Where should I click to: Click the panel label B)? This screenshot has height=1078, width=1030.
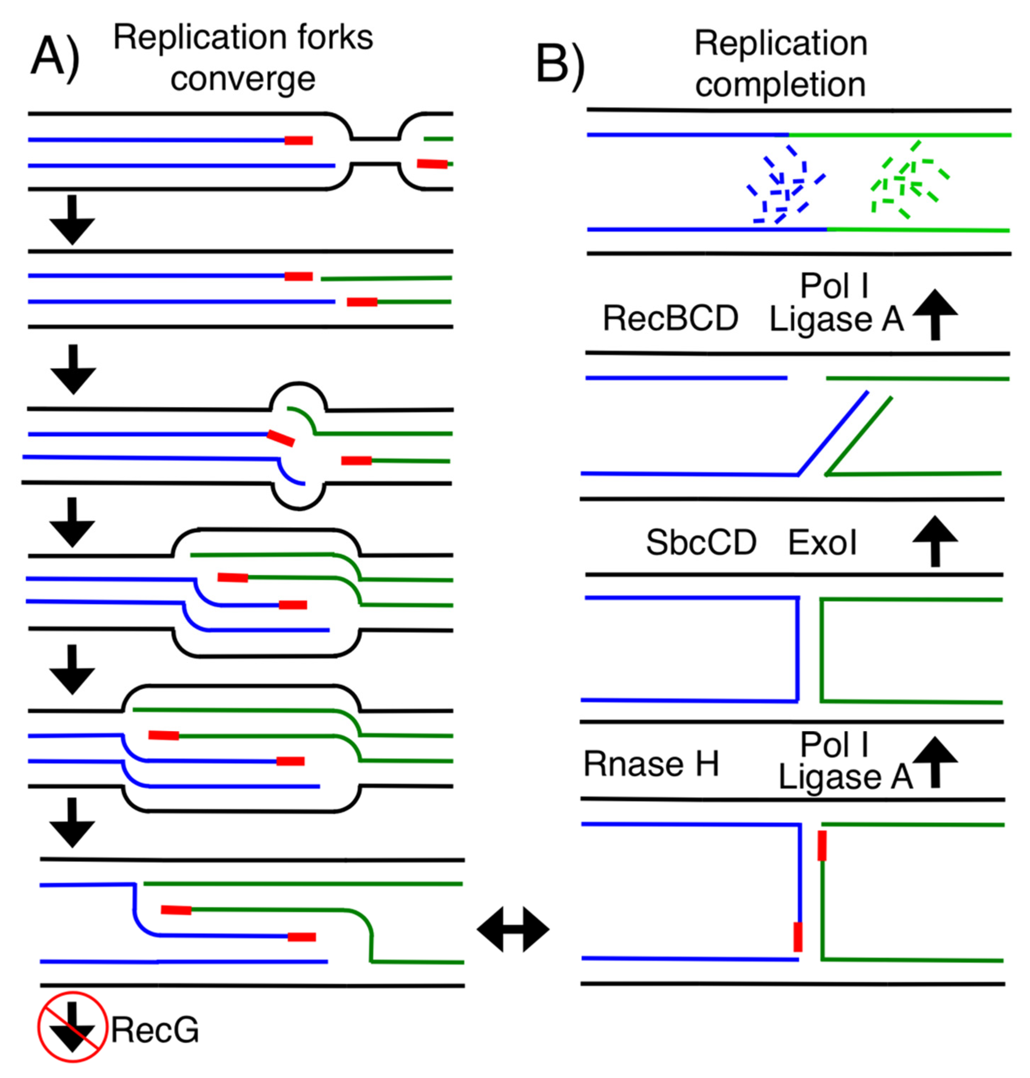pos(560,65)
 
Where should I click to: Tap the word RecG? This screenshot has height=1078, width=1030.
pos(155,1030)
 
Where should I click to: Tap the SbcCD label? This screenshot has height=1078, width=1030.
pos(701,543)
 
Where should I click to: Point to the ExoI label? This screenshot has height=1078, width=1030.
pos(822,543)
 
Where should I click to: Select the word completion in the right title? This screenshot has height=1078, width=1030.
pos(780,85)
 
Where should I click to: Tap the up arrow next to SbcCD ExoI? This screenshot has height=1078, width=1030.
pos(935,541)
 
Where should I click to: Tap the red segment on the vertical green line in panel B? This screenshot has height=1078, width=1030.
pos(822,846)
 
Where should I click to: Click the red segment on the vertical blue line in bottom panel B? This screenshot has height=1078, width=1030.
pos(798,937)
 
